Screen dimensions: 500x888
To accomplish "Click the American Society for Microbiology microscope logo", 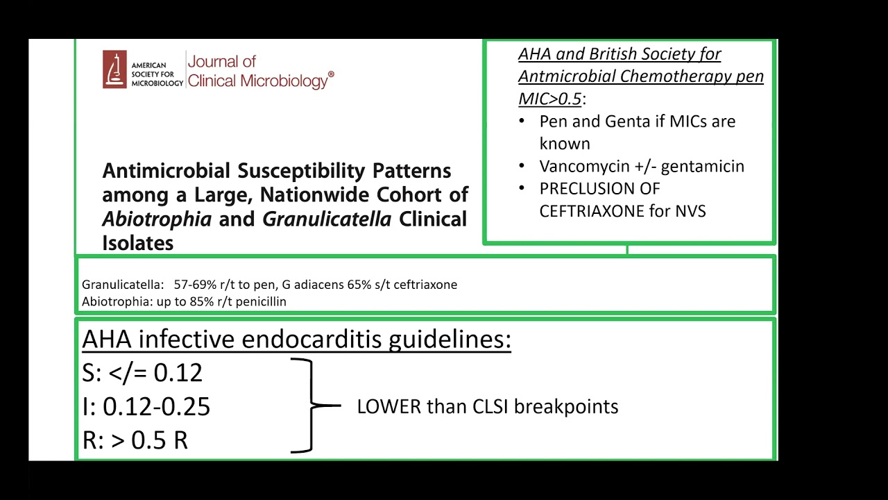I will click(x=115, y=69).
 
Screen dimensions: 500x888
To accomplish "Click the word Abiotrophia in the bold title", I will click(x=157, y=219).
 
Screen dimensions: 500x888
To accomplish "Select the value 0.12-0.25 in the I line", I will click(x=156, y=407).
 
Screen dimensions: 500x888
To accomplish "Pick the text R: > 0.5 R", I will click(x=135, y=440).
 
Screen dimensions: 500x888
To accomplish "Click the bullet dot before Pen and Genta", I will click(x=522, y=122).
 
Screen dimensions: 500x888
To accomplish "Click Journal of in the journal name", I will click(x=222, y=61).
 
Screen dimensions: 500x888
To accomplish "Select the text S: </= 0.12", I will click(x=142, y=373).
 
